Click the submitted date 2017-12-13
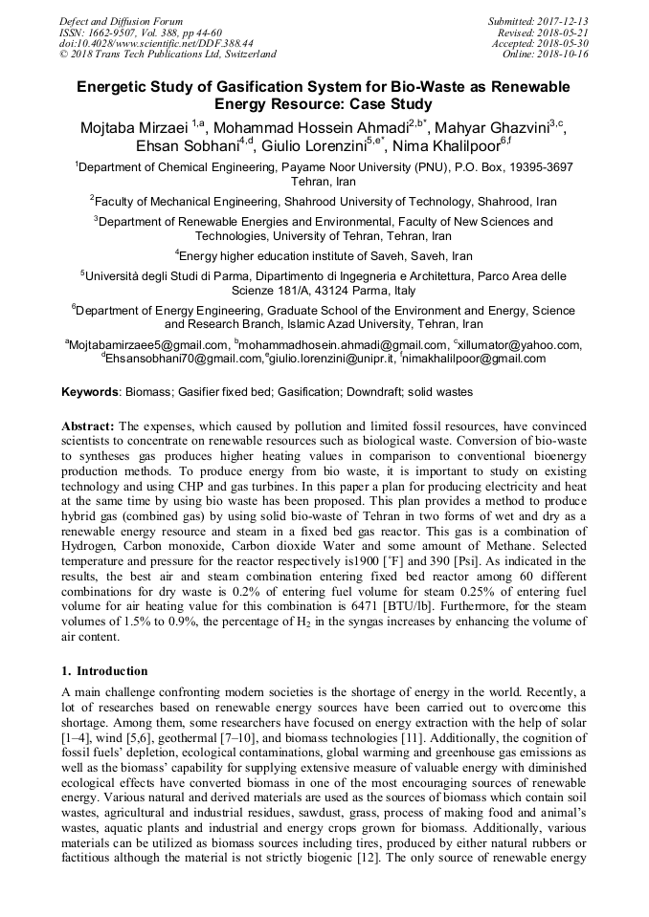[563, 21]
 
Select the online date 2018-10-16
[563, 55]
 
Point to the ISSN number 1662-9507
[120, 32]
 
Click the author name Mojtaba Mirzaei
[129, 128]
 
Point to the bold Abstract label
[88, 424]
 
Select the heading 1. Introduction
[104, 670]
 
